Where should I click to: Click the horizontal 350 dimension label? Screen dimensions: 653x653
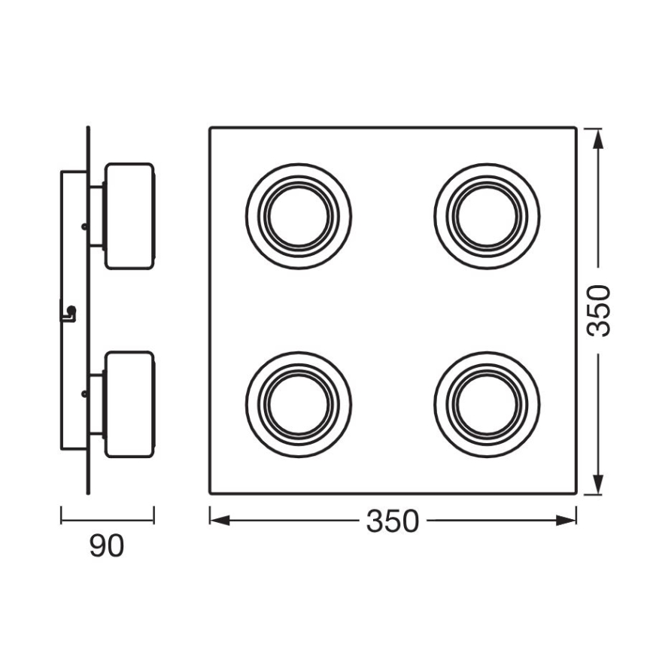392,521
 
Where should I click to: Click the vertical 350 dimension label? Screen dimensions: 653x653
599,311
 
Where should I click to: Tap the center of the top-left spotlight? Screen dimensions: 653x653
299,216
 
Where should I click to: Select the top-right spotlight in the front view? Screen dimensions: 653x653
486,216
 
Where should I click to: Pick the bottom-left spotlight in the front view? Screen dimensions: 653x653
299,403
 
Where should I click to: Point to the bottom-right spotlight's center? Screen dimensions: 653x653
486,403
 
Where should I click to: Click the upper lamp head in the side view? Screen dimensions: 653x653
129,216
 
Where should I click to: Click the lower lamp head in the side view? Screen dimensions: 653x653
129,404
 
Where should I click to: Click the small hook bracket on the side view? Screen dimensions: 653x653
69,311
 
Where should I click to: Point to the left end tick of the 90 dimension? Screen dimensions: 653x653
61,516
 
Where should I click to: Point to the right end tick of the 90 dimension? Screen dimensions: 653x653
154,516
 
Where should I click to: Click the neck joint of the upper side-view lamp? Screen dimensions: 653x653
96,216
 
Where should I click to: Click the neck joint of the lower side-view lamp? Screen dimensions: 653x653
96,404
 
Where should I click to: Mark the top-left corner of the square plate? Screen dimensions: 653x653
210,128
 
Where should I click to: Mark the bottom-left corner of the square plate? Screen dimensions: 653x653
210,494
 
